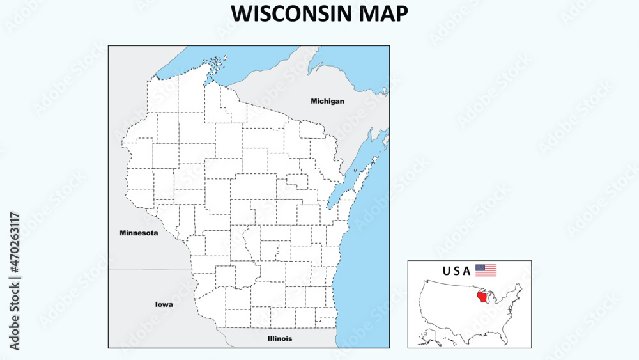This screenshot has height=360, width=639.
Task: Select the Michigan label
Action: click(x=327, y=101)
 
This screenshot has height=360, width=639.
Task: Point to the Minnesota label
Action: click(x=139, y=233)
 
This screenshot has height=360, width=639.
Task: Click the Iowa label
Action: click(x=164, y=304)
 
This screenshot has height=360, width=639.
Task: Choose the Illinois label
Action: click(x=280, y=338)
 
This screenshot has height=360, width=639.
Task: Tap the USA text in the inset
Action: click(x=456, y=270)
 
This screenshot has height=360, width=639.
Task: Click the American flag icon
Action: click(x=486, y=270)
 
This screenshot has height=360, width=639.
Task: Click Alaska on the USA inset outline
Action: click(x=427, y=333)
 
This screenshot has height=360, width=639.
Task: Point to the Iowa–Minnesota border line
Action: click(x=150, y=270)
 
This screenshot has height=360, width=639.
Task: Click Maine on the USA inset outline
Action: click(x=520, y=286)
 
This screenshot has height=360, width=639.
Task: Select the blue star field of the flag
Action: click(x=480, y=267)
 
